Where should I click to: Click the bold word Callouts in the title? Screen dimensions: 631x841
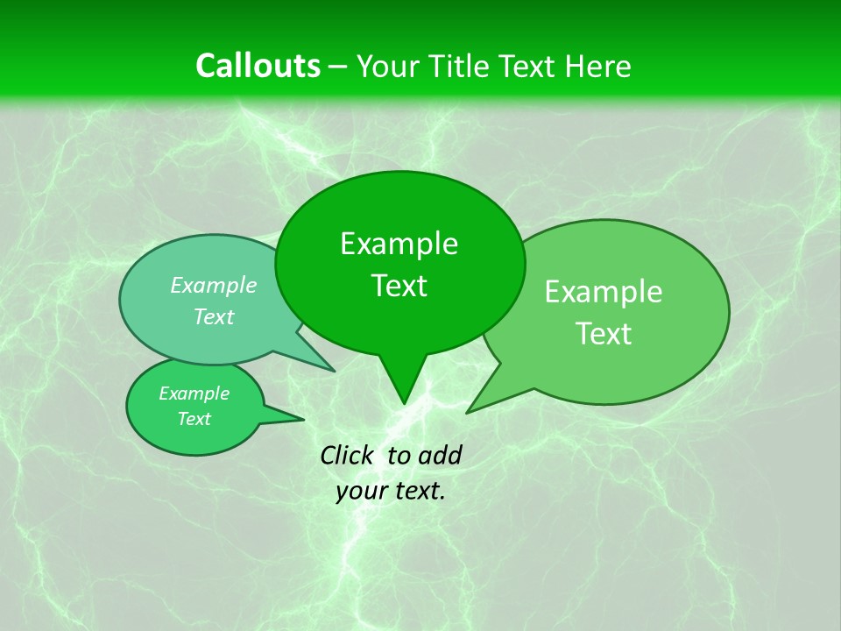(x=258, y=66)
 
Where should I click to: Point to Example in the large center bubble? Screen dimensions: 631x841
(x=399, y=244)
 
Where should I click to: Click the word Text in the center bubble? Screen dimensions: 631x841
(x=399, y=286)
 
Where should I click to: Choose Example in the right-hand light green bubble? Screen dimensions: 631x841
(x=604, y=292)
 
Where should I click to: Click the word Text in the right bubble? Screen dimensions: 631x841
(x=604, y=334)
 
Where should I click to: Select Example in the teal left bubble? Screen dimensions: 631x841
(x=214, y=285)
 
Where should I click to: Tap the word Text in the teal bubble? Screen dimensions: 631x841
(x=214, y=316)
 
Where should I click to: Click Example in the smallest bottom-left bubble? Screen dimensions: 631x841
(x=194, y=393)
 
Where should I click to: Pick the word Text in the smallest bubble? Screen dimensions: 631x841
(x=194, y=419)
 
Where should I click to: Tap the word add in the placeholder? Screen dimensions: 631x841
(x=440, y=455)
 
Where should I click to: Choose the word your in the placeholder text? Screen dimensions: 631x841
(x=361, y=492)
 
